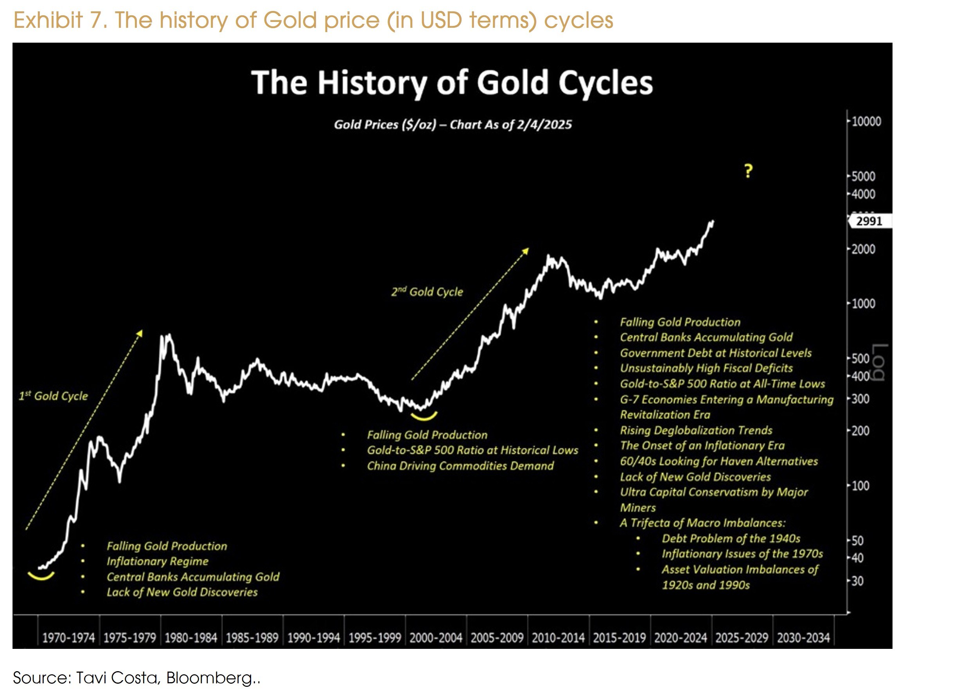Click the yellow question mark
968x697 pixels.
(748, 171)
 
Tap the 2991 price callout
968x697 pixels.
(869, 221)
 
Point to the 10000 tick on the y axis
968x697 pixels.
(866, 121)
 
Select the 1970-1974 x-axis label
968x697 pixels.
(68, 638)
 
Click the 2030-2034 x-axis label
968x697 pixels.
(803, 638)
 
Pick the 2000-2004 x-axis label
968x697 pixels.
(436, 638)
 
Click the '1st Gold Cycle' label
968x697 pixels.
(53, 396)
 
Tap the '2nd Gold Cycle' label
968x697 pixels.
(427, 292)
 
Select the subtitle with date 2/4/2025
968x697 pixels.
(453, 125)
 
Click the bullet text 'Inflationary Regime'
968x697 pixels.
(158, 561)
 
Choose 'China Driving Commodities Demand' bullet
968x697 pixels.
(460, 466)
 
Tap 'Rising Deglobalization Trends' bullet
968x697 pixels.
(696, 430)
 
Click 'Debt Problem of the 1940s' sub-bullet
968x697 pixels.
(731, 538)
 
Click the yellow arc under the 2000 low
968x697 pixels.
(424, 416)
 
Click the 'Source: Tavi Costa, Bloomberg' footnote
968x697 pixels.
(136, 678)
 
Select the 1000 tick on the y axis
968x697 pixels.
(863, 304)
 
